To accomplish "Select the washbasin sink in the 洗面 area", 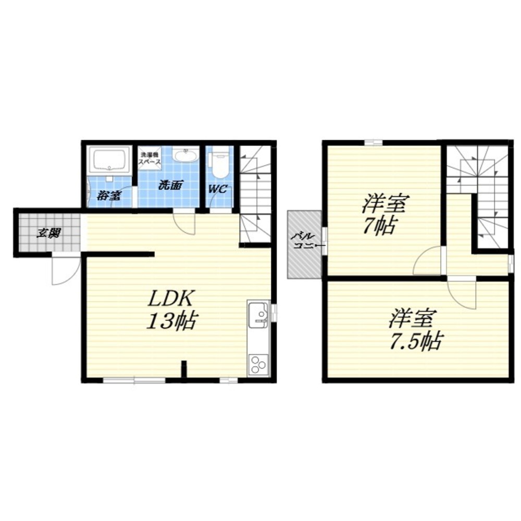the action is (185, 155).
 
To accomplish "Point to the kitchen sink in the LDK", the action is (257, 314).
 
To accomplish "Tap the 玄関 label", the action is (48, 233).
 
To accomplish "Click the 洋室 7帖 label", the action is (384, 214).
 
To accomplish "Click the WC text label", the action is (218, 190).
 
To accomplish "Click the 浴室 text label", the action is (109, 195).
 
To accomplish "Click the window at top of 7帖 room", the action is (373, 143).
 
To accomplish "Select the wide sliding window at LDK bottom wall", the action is (134, 380).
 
